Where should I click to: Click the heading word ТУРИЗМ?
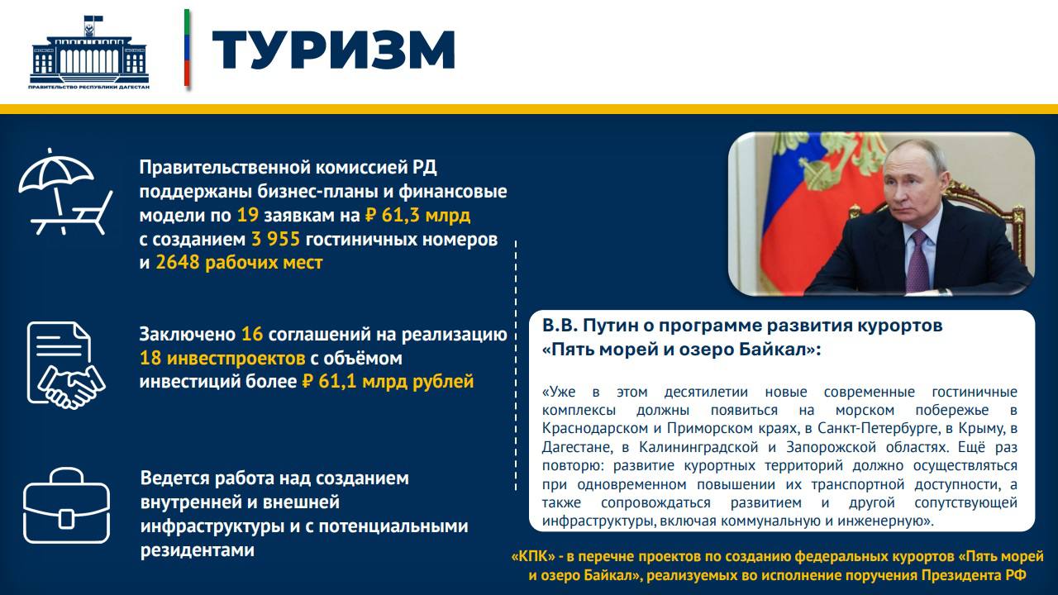tap(334, 50)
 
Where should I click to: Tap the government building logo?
tap(89, 51)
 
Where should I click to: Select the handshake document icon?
tap(65, 363)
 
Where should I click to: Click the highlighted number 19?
tap(248, 216)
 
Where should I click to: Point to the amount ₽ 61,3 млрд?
tap(417, 216)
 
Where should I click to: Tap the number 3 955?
tap(278, 240)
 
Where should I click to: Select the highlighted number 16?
tap(251, 335)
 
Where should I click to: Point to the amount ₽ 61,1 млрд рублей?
tap(388, 381)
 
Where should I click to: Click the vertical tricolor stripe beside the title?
tap(187, 48)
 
